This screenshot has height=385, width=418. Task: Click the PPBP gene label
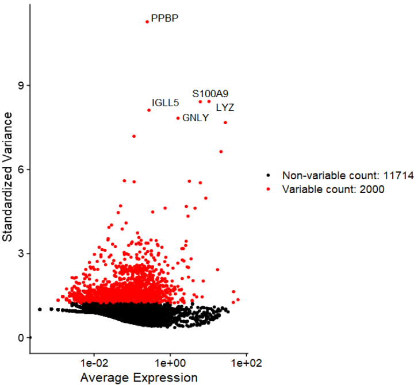click(x=164, y=18)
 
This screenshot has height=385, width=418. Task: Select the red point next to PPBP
click(x=147, y=22)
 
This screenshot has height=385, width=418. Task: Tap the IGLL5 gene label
click(x=166, y=103)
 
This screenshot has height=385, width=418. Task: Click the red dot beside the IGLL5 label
click(x=149, y=110)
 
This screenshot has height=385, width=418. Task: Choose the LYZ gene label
click(x=225, y=107)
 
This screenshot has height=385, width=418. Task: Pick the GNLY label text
click(x=195, y=118)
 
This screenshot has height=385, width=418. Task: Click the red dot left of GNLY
click(x=178, y=118)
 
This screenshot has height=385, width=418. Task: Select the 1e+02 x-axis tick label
click(x=247, y=364)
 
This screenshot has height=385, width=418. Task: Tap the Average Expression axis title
click(x=139, y=378)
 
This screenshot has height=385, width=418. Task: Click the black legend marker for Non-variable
click(x=269, y=175)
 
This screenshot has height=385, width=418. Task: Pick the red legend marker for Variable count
click(x=269, y=188)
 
